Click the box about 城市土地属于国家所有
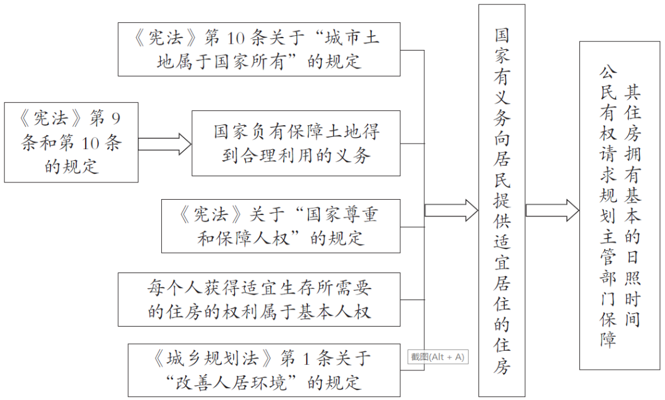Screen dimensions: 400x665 click(x=259, y=49)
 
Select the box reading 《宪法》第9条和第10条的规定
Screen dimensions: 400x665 click(x=71, y=142)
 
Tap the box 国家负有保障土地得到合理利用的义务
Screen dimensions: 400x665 click(x=296, y=143)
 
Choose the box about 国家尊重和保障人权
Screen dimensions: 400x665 click(x=280, y=226)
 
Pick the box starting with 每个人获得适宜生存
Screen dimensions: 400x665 click(x=259, y=300)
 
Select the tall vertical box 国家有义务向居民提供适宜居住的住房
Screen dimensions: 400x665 click(x=502, y=200)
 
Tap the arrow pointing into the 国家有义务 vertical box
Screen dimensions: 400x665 click(x=451, y=211)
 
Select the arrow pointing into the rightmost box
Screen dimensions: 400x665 click(x=552, y=211)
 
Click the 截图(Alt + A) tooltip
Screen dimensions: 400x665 click(x=437, y=357)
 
